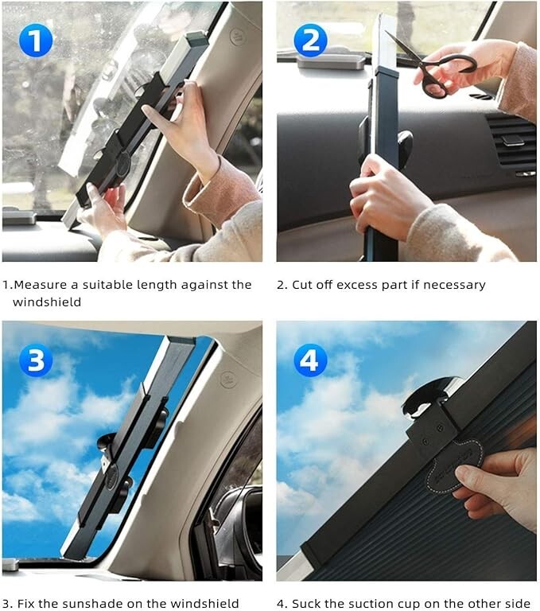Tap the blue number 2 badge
click(x=310, y=40)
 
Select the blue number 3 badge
click(x=35, y=360)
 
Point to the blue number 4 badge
click(x=310, y=360)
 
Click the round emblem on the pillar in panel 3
click(x=228, y=378)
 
